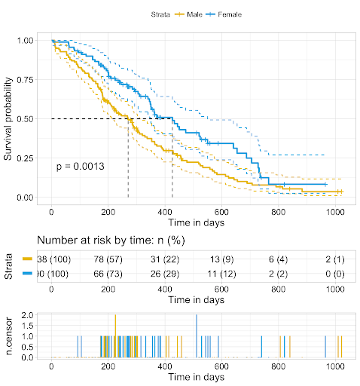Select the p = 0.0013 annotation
[81, 166]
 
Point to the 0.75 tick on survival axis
[26, 79]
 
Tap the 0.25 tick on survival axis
[26, 158]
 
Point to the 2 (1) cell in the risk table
[335, 259]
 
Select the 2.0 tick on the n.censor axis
[27, 314]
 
